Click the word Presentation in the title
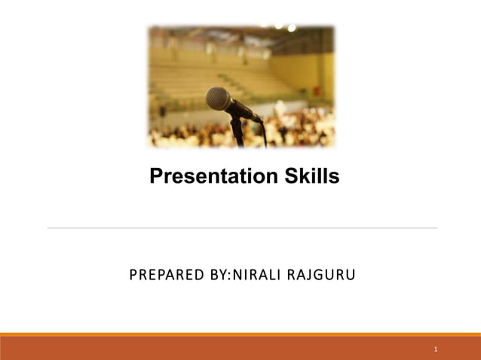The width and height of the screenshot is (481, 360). pyautogui.click(x=204, y=177)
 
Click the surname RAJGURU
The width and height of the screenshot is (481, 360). pyautogui.click(x=324, y=276)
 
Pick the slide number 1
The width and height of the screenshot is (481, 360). pyautogui.click(x=436, y=349)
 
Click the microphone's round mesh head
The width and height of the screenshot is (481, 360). pyautogui.click(x=218, y=98)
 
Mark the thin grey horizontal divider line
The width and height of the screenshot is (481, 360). pyautogui.click(x=241, y=227)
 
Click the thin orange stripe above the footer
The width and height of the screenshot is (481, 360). pyautogui.click(x=240, y=334)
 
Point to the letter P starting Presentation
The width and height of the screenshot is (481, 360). pyautogui.click(x=156, y=177)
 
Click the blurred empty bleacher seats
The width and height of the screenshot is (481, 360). pyautogui.click(x=188, y=75)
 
